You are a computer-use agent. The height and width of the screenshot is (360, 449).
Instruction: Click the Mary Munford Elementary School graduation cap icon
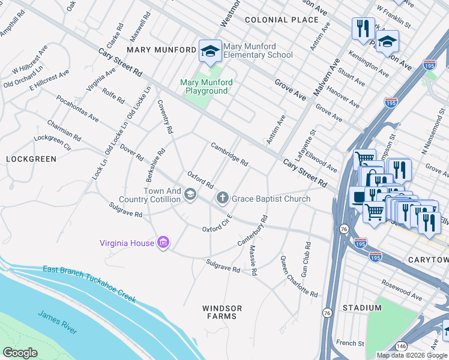tap(210, 51)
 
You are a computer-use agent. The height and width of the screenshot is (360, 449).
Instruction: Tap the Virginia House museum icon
tap(163, 242)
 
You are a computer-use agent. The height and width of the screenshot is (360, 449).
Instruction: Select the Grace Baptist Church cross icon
tap(222, 198)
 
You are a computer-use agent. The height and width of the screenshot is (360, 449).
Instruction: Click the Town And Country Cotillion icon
tap(190, 194)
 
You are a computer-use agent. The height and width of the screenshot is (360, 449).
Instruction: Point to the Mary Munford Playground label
tap(205, 86)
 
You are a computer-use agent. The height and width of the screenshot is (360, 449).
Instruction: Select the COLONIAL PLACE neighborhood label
tap(282, 20)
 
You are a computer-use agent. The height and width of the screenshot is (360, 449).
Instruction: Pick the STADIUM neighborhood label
tap(361, 308)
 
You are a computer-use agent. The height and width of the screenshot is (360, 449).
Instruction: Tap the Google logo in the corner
tap(20, 353)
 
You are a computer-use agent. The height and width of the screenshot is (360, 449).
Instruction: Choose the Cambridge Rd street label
tap(229, 154)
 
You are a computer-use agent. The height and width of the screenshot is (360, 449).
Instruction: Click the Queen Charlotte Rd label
tap(298, 277)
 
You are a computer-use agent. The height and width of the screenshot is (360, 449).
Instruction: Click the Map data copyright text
tap(412, 355)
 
